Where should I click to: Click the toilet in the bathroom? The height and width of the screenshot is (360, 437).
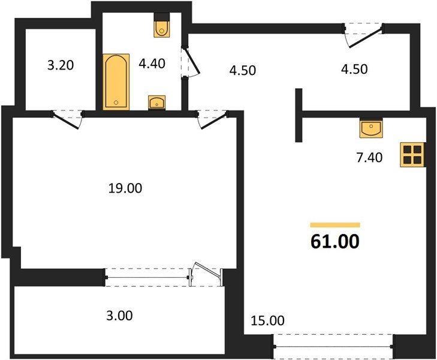162,25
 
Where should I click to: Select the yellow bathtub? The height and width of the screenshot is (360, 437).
116,82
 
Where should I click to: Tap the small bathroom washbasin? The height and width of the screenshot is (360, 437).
157,103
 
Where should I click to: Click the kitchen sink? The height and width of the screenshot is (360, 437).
371,128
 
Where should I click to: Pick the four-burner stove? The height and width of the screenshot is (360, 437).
413,155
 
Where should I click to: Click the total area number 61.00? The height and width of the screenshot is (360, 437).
334,241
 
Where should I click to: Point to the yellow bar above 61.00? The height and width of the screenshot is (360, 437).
335,225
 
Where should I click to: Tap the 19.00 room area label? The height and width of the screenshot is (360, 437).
125,188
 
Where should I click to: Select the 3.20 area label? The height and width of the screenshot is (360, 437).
61,65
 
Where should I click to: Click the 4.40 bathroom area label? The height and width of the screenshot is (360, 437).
152,64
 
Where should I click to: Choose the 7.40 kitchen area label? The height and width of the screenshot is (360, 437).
369,158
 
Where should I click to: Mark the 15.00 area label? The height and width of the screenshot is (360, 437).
267,320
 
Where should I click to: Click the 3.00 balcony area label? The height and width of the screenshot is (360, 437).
119,316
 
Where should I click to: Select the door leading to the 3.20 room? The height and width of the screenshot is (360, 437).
68,119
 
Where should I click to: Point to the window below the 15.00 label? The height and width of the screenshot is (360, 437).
333,346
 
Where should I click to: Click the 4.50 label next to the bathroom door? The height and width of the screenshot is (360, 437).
242,70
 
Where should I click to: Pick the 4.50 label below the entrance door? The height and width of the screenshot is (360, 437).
354,69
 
